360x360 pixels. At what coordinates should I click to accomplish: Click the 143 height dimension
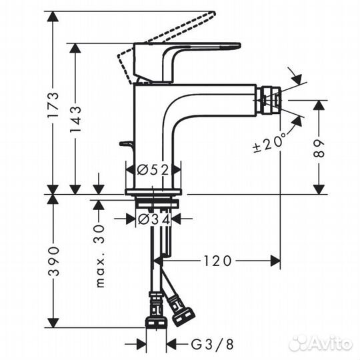[x=77, y=119]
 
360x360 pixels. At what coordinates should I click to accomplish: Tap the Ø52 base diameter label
[x=153, y=170]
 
